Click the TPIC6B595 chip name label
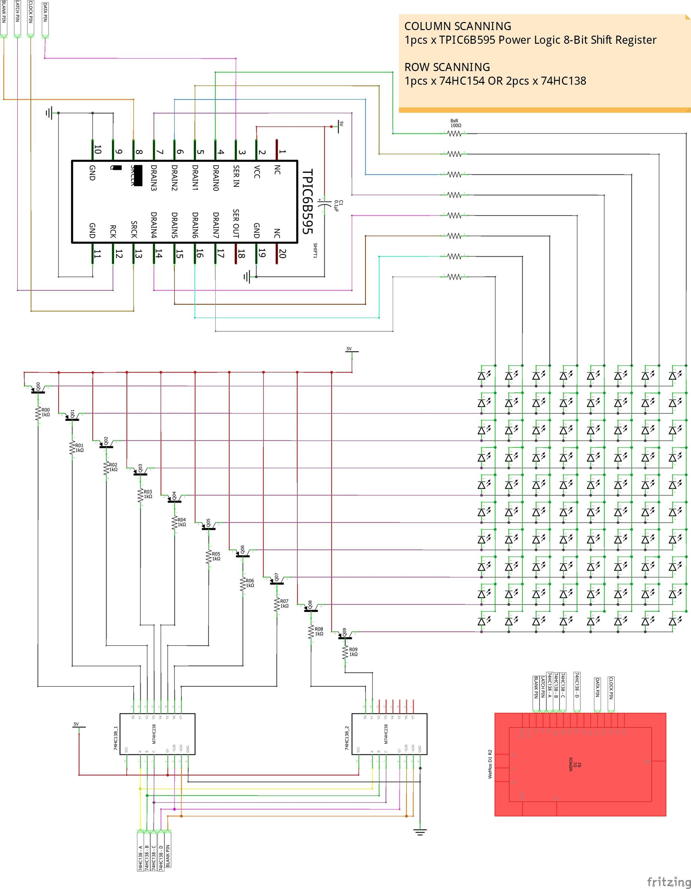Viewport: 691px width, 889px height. [x=308, y=202]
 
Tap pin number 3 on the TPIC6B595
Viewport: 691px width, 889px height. [x=242, y=152]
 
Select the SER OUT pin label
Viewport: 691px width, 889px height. [x=236, y=223]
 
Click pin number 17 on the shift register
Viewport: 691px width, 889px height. [x=221, y=254]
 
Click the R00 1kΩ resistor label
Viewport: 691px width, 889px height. [x=46, y=412]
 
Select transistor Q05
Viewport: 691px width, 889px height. [x=209, y=524]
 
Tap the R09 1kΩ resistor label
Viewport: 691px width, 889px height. [x=353, y=652]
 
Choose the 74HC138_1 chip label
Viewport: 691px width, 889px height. [x=116, y=737]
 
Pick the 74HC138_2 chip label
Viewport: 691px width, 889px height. [x=347, y=737]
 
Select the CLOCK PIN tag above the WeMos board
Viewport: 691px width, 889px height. [x=611, y=688]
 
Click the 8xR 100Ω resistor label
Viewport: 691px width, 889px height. [x=456, y=123]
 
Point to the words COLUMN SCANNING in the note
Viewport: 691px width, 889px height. [x=457, y=26]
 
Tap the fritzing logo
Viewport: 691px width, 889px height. [x=669, y=882]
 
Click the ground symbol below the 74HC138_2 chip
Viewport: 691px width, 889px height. [x=420, y=832]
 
